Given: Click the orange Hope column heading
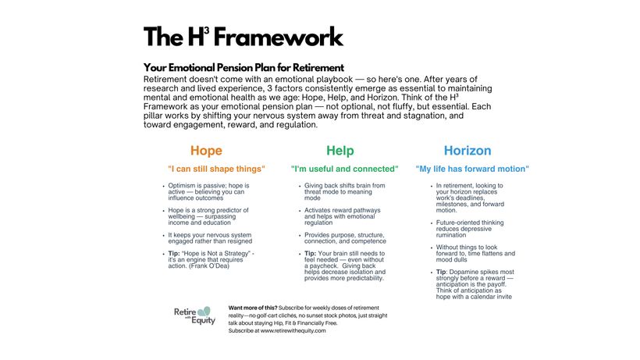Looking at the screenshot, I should point(206,151).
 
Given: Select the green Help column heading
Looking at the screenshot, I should point(340,151).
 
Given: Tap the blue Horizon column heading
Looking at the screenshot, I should point(468,151).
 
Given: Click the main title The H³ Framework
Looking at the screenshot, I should point(243,37).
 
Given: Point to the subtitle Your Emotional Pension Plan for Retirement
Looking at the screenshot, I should point(244,68).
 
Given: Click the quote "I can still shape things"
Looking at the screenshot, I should point(216,169).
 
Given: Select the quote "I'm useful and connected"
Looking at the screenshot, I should point(344,169).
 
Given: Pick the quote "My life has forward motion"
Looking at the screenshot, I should point(472,169).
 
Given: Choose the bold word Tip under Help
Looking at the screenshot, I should point(310,254).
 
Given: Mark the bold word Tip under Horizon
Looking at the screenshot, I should point(443,272).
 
